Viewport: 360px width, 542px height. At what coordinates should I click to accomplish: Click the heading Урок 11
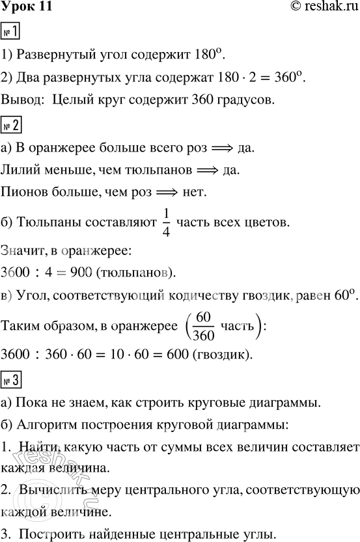pyautogui.click(x=25, y=7)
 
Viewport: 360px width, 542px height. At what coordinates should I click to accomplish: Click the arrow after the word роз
pyautogui.click(x=226, y=148)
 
